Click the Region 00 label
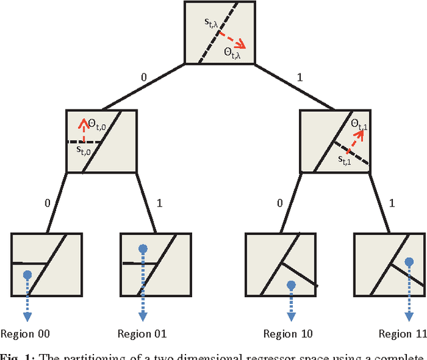tap(25, 334)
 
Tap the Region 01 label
tap(142, 334)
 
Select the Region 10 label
tap(288, 334)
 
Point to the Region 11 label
tap(402, 334)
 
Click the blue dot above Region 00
tap(27, 275)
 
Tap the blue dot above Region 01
tap(142, 249)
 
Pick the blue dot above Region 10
tap(291, 285)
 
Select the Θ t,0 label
tap(101, 123)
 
